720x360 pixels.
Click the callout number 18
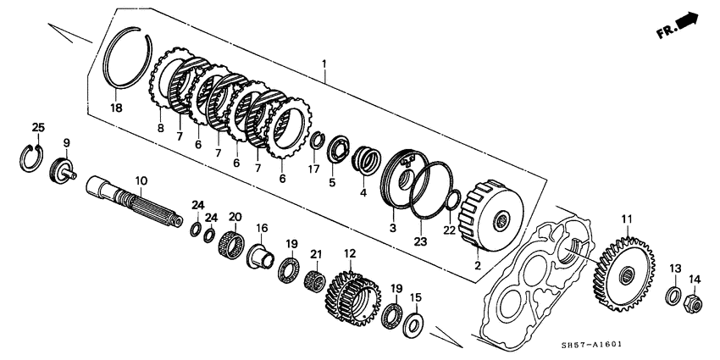point(117,108)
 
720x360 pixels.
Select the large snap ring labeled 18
point(130,62)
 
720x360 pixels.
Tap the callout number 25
point(37,127)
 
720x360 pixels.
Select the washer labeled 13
point(674,296)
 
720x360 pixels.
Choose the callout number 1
point(323,64)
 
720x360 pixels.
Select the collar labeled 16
point(260,255)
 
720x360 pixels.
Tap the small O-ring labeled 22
point(454,202)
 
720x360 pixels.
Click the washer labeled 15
point(415,323)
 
